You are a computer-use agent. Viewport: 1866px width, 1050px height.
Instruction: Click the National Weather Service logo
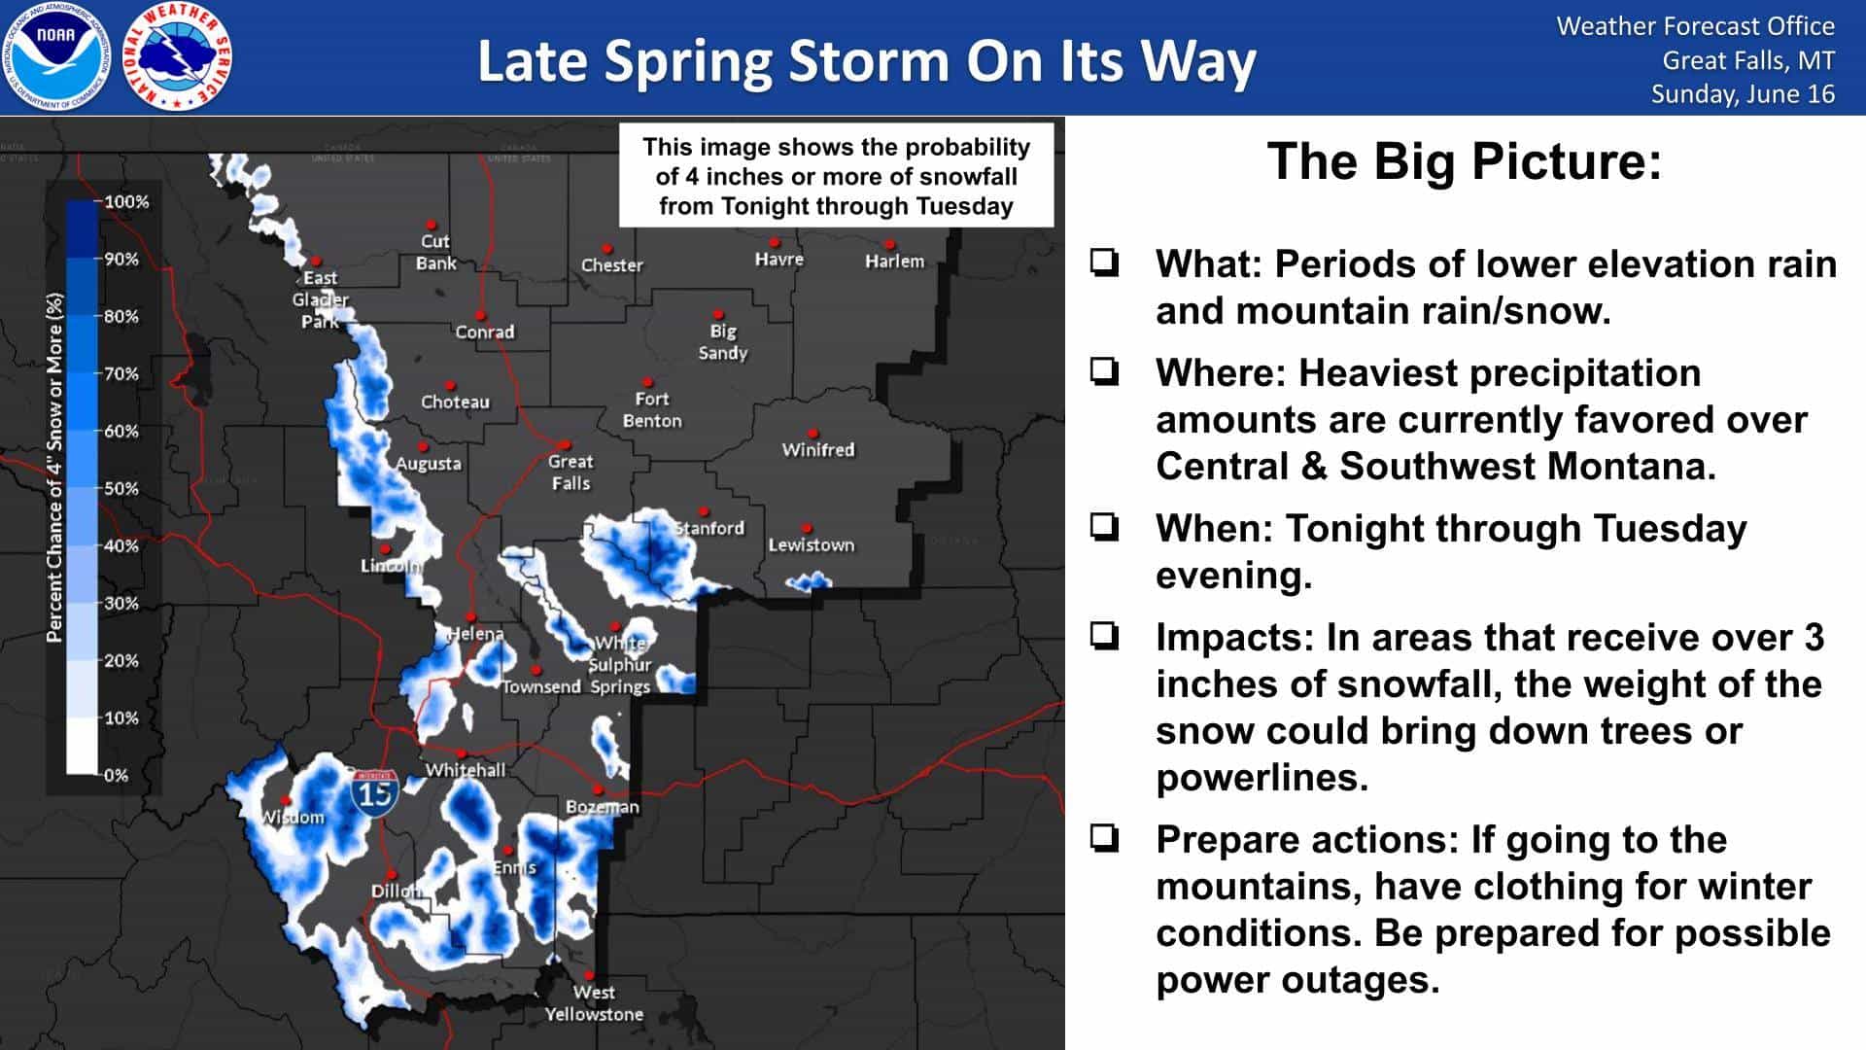(178, 56)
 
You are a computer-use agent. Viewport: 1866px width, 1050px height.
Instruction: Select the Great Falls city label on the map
(570, 472)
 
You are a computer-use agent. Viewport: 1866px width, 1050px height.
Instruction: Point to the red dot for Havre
(775, 242)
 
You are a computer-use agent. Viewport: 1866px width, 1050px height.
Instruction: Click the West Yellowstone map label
(594, 1003)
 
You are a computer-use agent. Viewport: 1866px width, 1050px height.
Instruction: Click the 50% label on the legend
(121, 488)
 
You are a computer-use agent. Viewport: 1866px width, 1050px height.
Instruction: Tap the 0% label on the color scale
(116, 775)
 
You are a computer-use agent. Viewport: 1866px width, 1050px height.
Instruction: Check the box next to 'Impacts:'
(1105, 637)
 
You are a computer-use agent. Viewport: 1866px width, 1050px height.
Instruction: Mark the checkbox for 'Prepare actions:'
(1105, 839)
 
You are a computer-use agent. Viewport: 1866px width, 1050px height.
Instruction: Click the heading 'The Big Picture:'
(1465, 161)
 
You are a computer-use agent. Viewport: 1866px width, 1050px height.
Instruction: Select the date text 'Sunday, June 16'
(1743, 94)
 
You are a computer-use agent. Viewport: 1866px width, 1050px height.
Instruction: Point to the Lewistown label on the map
(812, 545)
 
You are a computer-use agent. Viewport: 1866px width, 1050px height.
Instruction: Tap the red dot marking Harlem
(889, 245)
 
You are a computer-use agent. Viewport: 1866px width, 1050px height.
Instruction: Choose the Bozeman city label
(603, 807)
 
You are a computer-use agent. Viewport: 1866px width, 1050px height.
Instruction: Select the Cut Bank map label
(435, 252)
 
